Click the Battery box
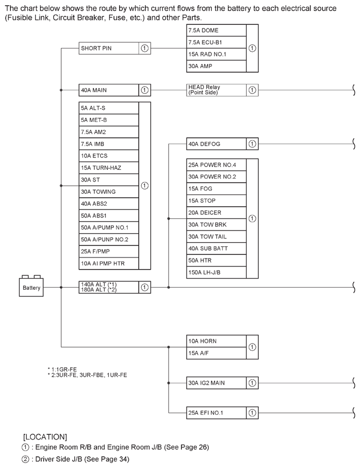click(x=31, y=287)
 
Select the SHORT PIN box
click(x=114, y=48)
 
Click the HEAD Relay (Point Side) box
click(x=222, y=90)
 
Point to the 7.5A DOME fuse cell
click(x=216, y=31)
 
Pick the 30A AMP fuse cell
click(x=216, y=66)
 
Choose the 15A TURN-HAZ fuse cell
click(x=109, y=168)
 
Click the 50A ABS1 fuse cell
click(x=109, y=215)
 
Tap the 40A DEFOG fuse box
click(x=222, y=144)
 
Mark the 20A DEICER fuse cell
click(x=216, y=213)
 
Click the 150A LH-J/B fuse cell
click(x=216, y=272)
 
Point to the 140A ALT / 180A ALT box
click(x=114, y=287)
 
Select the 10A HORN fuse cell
click(x=216, y=341)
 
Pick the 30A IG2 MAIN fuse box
click(x=222, y=383)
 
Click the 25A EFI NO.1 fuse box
click(x=222, y=413)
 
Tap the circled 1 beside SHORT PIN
click(x=144, y=48)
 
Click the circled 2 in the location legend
click(x=26, y=459)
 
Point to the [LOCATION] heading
click(x=45, y=437)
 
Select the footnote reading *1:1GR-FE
click(x=62, y=369)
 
